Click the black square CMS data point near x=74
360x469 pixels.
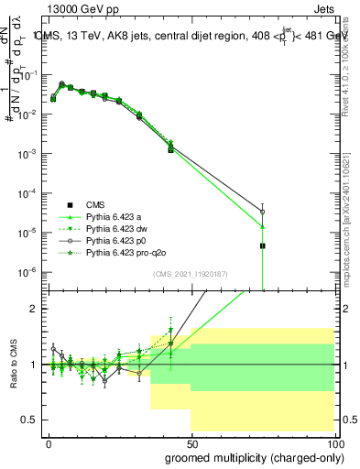262,245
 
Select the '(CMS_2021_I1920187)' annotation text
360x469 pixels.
191,274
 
